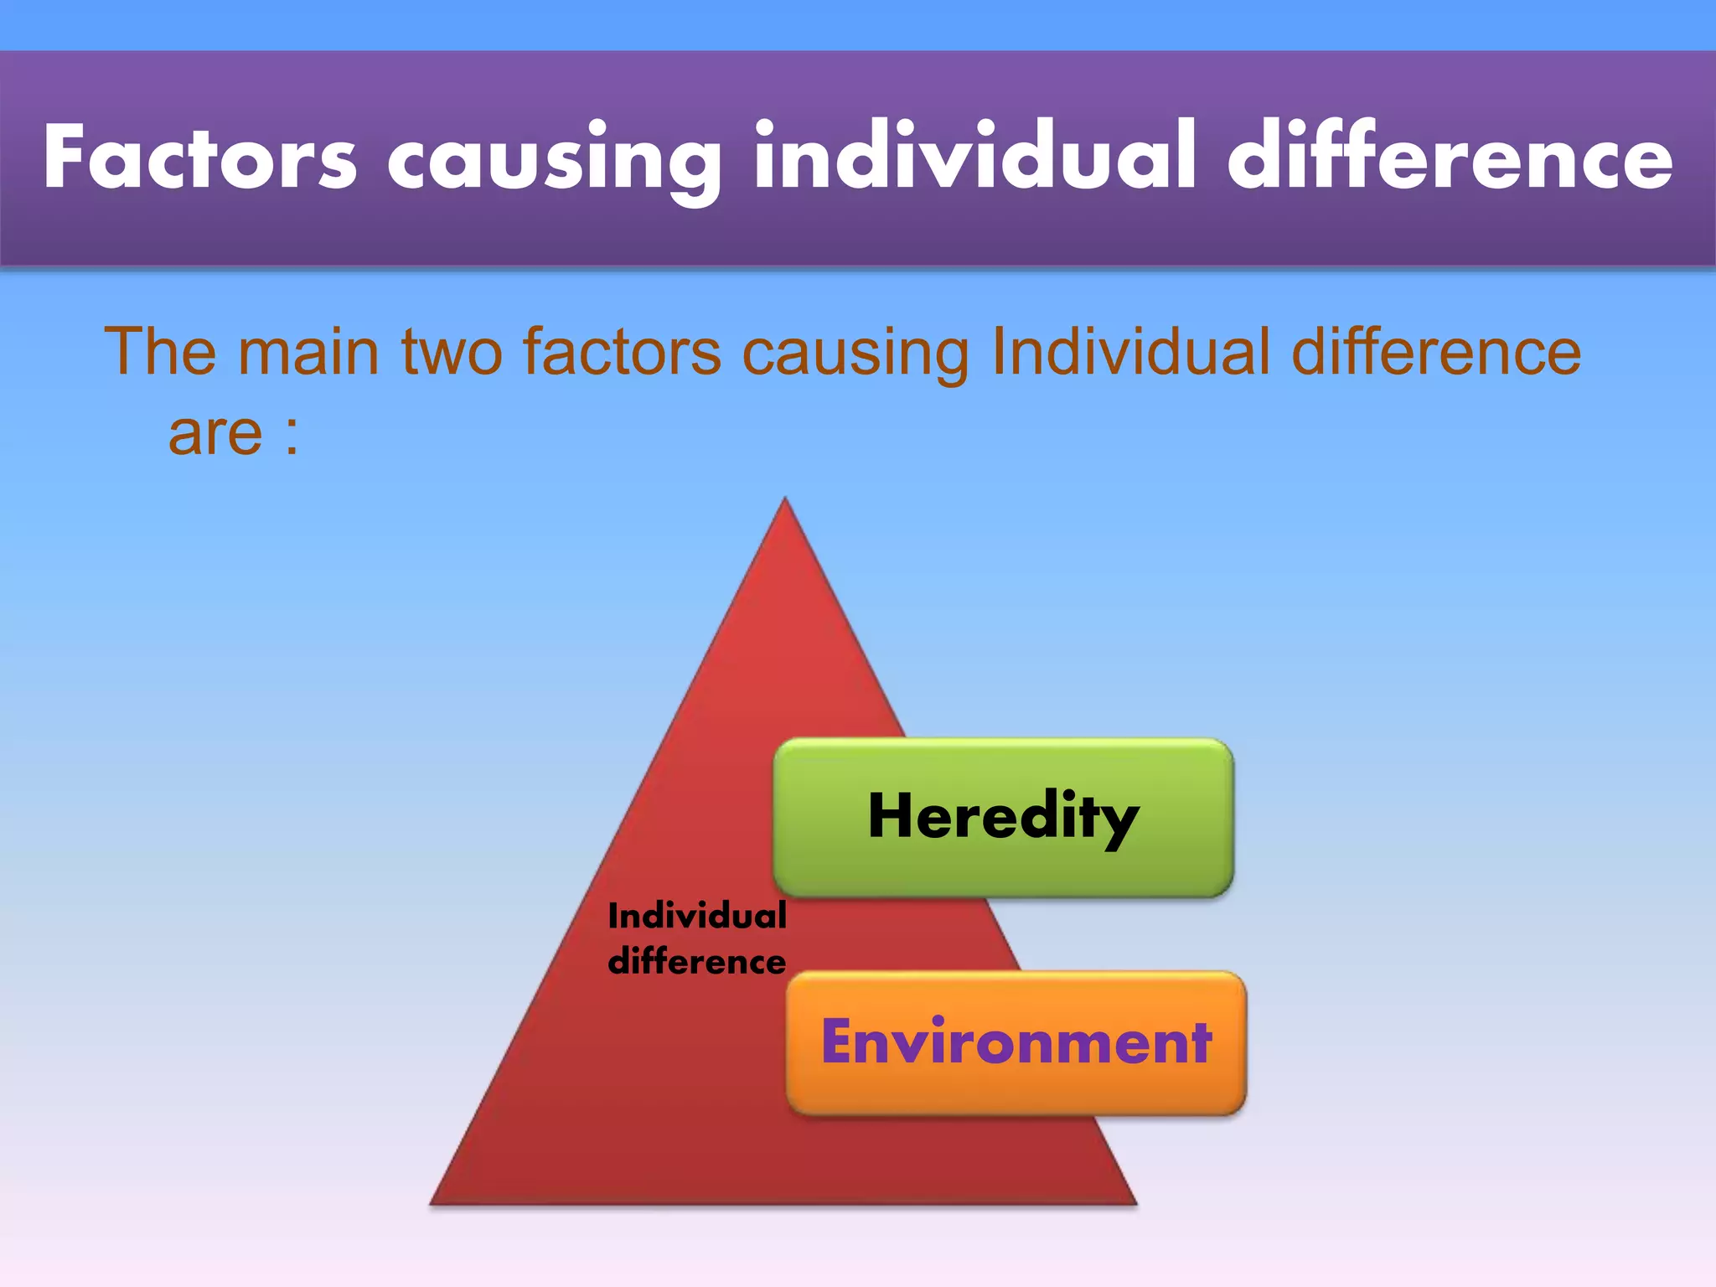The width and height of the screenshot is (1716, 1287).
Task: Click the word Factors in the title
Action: (200, 158)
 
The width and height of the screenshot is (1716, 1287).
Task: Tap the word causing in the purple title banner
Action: (553, 159)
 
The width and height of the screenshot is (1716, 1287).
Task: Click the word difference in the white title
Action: (1450, 156)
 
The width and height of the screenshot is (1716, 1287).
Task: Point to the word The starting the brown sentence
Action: (160, 351)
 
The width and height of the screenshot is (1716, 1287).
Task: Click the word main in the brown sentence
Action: (308, 351)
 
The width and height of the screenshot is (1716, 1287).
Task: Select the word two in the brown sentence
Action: (452, 351)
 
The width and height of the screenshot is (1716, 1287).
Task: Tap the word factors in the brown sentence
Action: (622, 351)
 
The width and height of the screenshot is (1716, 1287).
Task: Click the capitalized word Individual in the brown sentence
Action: (1130, 351)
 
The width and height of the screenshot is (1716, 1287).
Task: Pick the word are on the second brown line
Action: (215, 433)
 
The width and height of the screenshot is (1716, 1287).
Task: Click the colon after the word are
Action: (291, 436)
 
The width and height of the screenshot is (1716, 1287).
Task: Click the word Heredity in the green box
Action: (1003, 817)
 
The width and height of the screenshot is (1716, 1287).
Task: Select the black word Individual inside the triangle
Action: (697, 916)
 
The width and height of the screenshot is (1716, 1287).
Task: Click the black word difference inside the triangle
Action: (697, 962)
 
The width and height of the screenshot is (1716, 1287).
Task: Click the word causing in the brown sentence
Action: (855, 351)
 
